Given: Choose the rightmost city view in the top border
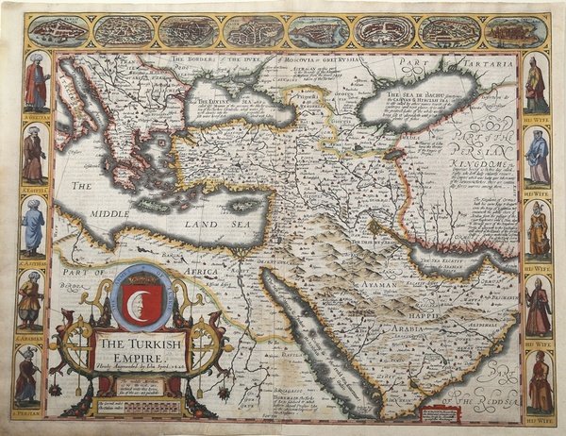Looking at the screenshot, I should pyautogui.click(x=513, y=31).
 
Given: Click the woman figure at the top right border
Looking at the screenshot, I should pyautogui.click(x=535, y=85).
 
